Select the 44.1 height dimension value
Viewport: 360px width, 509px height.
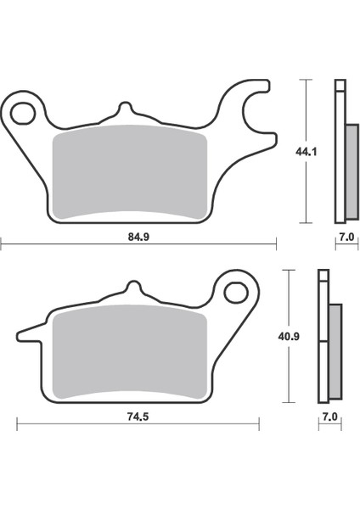(x=313, y=154)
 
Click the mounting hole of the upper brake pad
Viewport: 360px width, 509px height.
(x=25, y=112)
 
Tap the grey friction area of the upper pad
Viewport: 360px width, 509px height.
(x=131, y=174)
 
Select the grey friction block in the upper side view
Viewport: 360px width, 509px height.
(x=352, y=170)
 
